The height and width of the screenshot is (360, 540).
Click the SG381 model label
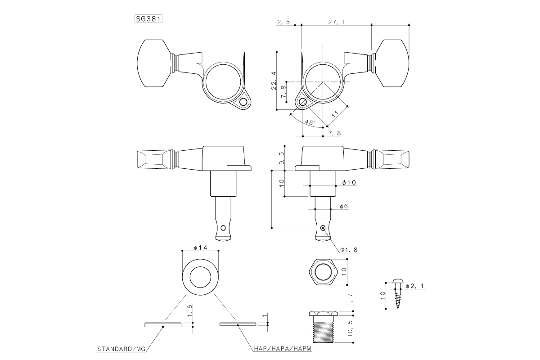(x=148, y=19)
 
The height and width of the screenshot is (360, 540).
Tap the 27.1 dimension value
(x=337, y=22)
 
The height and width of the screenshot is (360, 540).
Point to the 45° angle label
(x=310, y=122)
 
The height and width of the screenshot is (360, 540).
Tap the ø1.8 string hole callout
(x=349, y=249)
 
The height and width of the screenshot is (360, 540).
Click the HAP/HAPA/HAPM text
(x=281, y=349)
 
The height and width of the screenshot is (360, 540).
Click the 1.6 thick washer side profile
(x=162, y=324)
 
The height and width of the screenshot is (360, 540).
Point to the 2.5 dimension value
(x=283, y=22)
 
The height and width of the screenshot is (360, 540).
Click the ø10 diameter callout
(x=349, y=182)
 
